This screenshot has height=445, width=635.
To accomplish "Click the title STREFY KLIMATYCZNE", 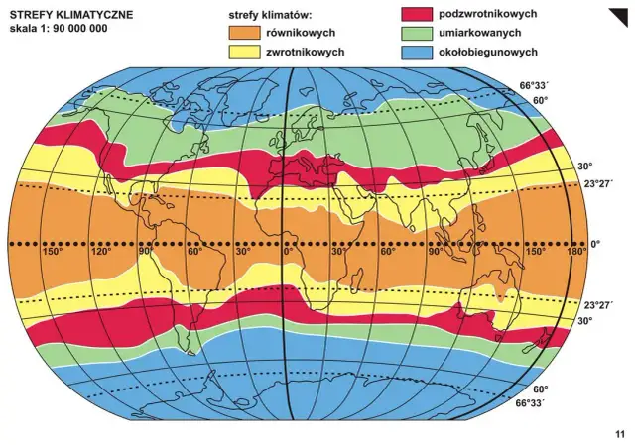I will [x=70, y=16].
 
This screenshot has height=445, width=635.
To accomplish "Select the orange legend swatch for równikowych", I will [x=244, y=34].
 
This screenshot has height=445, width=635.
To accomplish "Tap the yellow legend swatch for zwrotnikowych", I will [x=244, y=52].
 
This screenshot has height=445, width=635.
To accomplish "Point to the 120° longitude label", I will [x=100, y=252].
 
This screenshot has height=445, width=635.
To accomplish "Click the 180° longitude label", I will [x=573, y=252].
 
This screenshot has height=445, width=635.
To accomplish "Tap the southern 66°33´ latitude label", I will [x=531, y=403].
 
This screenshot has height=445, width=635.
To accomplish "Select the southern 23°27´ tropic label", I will [x=599, y=306].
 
